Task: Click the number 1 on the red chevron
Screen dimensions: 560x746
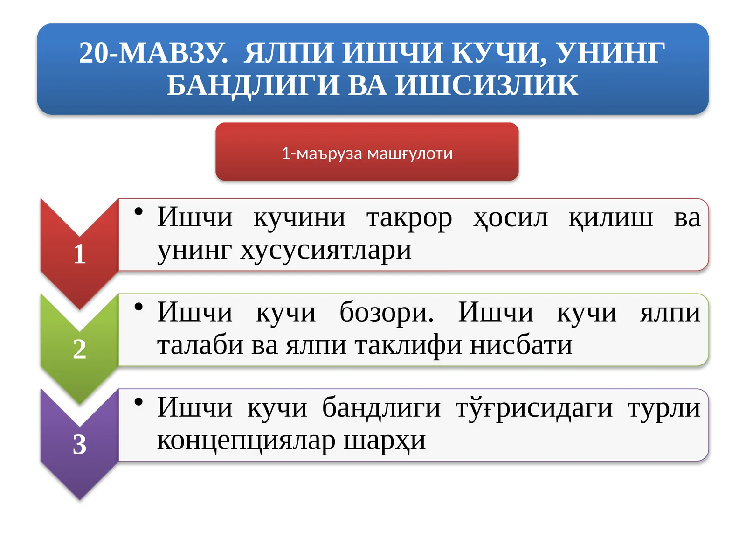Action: pyautogui.click(x=80, y=254)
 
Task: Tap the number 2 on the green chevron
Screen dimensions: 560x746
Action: pyautogui.click(x=80, y=349)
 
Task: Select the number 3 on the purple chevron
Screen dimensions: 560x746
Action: pyautogui.click(x=80, y=444)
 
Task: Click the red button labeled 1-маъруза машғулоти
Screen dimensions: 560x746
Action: pyautogui.click(x=367, y=152)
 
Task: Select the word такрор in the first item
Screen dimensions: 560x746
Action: pyautogui.click(x=409, y=218)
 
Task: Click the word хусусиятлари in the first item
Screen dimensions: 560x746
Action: pyautogui.click(x=326, y=251)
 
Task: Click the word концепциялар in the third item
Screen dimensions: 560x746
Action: pyautogui.click(x=246, y=441)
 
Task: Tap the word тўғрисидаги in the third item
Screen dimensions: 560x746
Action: pyautogui.click(x=534, y=408)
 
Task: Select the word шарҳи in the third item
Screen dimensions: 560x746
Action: pyautogui.click(x=385, y=441)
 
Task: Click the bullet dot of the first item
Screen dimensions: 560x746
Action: pyautogui.click(x=138, y=212)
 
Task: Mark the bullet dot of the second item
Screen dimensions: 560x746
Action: pyautogui.click(x=138, y=307)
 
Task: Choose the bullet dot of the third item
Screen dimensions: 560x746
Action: pyautogui.click(x=138, y=402)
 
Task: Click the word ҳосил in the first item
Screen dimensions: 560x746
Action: pyautogui.click(x=511, y=218)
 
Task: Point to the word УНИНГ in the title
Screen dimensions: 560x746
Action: pyautogui.click(x=611, y=53)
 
